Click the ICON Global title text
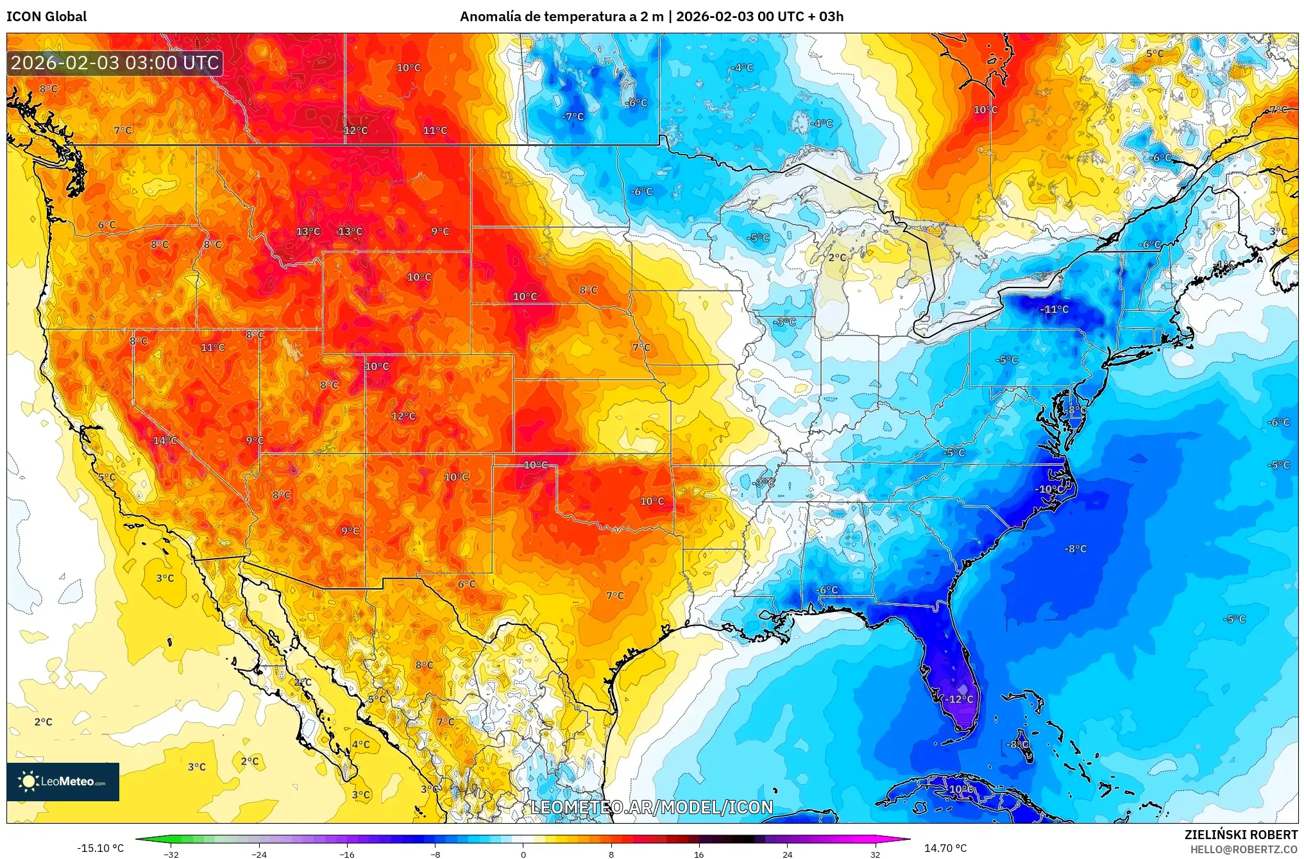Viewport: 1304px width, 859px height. coord(46,17)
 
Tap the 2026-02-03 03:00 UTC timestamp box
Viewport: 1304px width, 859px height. coord(115,63)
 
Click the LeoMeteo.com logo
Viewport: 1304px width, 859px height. coord(63,781)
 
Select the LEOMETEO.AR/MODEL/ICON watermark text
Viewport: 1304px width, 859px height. coord(652,807)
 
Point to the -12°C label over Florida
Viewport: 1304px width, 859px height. coord(961,699)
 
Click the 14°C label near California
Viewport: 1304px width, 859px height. coord(165,440)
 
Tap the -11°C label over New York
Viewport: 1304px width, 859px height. coord(1054,309)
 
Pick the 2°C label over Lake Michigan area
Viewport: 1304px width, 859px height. coord(837,257)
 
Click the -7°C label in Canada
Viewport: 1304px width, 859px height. coord(573,117)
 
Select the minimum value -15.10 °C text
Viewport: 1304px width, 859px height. coord(100,848)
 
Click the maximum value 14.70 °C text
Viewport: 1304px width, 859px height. coord(945,848)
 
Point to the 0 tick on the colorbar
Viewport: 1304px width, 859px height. coord(523,855)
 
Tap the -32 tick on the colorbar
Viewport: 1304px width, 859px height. coord(171,855)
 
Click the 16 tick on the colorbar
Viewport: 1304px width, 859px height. coord(699,855)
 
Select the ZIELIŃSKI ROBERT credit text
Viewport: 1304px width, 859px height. coord(1240,835)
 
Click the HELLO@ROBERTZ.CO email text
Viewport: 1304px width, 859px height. coord(1244,849)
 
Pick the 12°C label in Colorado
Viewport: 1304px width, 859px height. coord(403,416)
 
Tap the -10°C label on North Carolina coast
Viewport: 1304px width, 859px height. coord(1049,489)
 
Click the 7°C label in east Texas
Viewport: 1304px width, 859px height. coord(614,595)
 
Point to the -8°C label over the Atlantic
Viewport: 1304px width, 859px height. coord(1076,549)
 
